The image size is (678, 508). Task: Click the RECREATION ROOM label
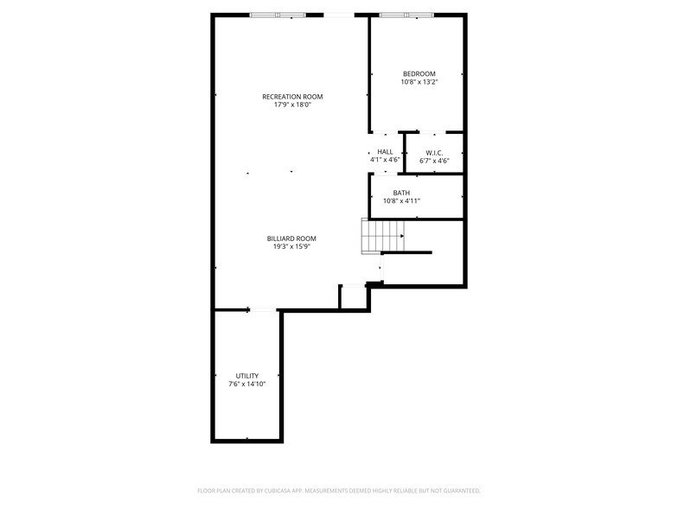292,97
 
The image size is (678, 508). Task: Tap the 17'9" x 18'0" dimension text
292,105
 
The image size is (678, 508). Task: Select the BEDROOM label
419,74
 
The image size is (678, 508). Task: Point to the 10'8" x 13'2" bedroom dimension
419,81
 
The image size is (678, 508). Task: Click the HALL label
385,152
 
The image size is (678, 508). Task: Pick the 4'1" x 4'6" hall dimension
385,159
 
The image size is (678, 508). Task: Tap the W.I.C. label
434,153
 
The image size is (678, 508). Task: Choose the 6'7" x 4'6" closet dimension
434,161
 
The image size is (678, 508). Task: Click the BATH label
401,193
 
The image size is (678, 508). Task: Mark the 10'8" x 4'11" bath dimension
401,200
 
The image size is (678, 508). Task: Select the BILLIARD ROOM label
291,238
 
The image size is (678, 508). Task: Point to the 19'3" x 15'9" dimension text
292,247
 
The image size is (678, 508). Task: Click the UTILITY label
247,376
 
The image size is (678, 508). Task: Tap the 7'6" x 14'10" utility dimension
247,384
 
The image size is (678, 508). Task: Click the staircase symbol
383,237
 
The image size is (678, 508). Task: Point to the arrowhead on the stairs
402,237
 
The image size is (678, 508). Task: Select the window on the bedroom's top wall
406,16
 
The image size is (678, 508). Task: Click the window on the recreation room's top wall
278,16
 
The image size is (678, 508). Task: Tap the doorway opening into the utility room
263,309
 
